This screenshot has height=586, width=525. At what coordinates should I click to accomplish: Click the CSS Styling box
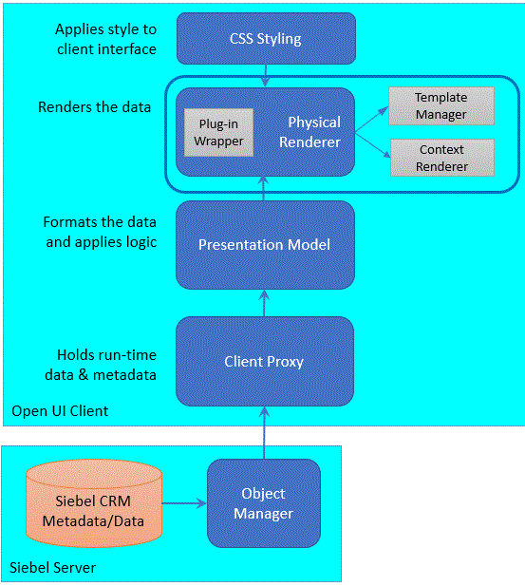[265, 39]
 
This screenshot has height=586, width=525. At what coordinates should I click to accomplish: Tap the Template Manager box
[441, 106]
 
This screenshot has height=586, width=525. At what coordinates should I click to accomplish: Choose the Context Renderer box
[442, 158]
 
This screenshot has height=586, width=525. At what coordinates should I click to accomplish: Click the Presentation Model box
[265, 244]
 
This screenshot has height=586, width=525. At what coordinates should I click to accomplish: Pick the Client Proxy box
[265, 361]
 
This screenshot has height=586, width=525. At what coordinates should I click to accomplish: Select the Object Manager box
[264, 503]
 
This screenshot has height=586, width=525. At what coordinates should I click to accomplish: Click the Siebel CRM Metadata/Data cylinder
[93, 503]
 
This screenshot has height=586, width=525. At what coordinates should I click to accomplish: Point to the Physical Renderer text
[314, 133]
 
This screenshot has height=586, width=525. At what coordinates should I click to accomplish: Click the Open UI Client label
[60, 411]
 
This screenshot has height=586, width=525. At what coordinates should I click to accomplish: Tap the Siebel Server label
[52, 568]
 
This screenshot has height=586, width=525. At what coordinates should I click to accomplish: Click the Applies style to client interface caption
[105, 39]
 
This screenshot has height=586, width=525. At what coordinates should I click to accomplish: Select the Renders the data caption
[94, 106]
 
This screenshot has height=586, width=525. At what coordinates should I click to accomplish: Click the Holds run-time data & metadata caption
[105, 364]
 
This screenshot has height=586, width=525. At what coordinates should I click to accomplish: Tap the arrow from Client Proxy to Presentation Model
[265, 302]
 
